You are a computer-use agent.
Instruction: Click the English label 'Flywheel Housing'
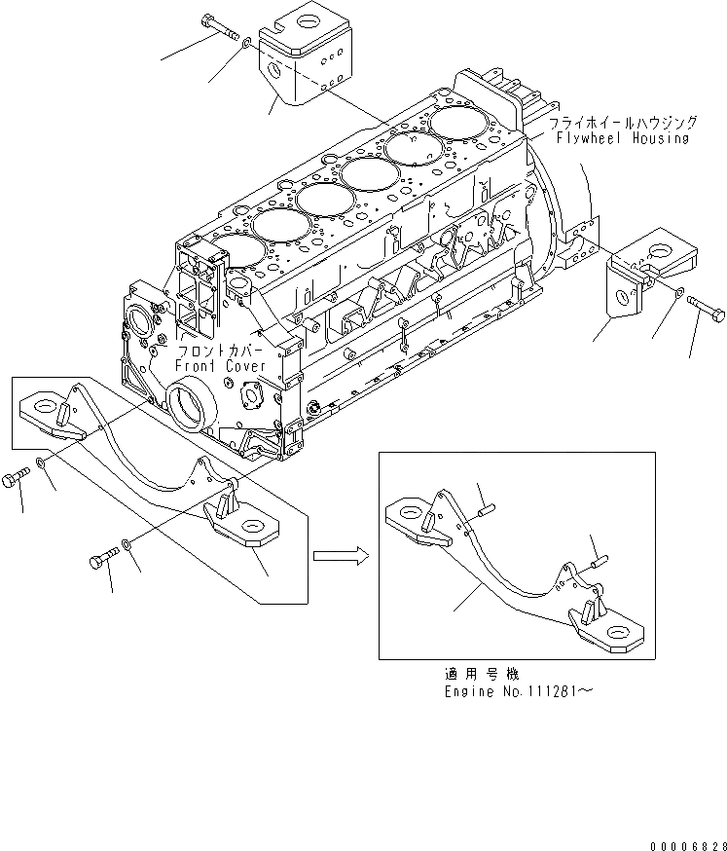[x=622, y=138]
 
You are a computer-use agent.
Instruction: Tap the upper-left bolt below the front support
[x=19, y=479]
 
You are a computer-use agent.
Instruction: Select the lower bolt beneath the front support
[x=103, y=561]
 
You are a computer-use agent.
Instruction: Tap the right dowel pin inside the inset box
[x=599, y=559]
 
